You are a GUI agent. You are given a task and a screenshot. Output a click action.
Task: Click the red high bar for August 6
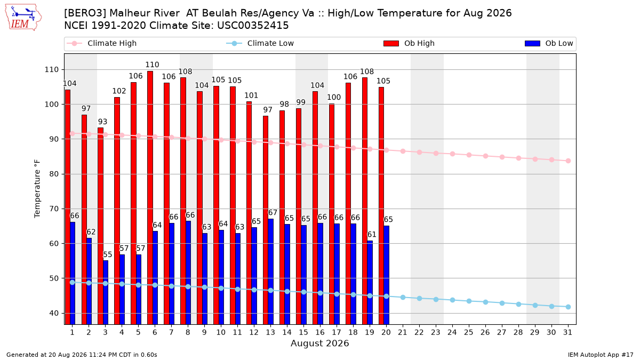[150, 198]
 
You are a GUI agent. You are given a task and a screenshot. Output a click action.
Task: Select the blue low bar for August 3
[106, 292]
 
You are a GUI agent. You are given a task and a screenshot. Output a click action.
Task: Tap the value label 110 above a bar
[152, 65]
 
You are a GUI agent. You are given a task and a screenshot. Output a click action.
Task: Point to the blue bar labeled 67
[270, 271]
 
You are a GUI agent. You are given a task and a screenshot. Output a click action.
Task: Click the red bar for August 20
[381, 206]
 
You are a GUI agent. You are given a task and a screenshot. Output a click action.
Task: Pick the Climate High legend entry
[102, 43]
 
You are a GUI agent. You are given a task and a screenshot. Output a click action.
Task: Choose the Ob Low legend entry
[549, 43]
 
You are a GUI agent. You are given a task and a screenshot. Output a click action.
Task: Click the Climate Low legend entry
[260, 43]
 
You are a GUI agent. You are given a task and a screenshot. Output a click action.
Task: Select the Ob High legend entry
[409, 43]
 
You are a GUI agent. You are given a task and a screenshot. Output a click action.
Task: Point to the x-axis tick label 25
[469, 332]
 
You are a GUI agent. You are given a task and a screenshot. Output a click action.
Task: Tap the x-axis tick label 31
[567, 332]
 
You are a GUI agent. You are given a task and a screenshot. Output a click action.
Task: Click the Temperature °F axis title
[37, 189]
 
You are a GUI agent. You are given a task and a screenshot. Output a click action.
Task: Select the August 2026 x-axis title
[319, 343]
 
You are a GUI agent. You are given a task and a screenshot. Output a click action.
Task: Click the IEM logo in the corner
[23, 18]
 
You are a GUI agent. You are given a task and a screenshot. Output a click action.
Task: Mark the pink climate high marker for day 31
[568, 161]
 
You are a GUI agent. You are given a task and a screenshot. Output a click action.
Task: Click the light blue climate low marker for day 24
[453, 300]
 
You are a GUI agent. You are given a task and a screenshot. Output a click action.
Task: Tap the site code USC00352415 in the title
[253, 26]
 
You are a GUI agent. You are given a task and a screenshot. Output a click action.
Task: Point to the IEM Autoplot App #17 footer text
[601, 355]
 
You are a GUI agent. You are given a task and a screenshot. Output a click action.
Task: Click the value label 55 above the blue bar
[107, 254]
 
